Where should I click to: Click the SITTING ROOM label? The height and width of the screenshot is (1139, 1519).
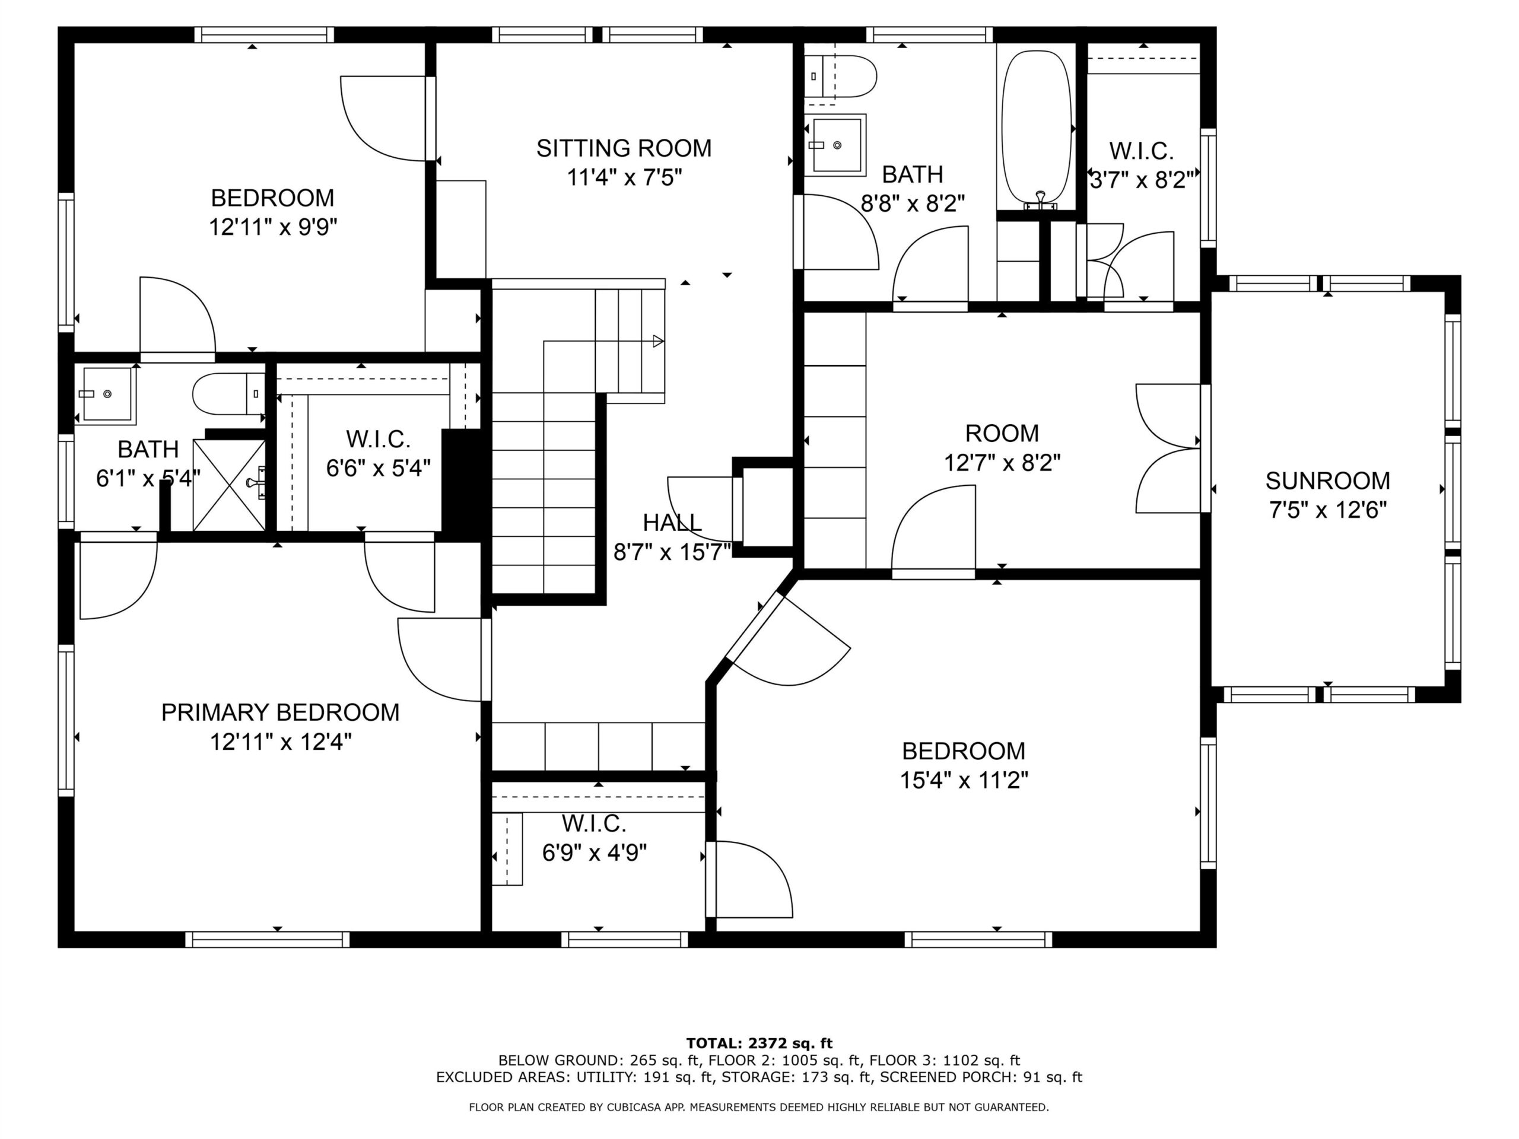624,148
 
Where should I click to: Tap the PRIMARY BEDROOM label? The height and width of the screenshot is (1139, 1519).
280,712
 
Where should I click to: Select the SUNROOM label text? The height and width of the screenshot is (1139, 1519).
1328,481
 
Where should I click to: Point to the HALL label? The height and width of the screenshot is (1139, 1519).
672,523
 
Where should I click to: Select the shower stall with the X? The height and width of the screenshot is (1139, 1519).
228,485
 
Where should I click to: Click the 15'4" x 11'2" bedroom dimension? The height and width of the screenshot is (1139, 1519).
964,781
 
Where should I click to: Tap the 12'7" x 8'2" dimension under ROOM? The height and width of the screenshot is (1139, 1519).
1002,463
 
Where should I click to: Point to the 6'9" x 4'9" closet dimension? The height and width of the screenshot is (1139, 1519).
595,852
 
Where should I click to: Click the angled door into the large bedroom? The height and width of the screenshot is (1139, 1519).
790,638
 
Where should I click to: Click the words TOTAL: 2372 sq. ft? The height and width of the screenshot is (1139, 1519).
759,1043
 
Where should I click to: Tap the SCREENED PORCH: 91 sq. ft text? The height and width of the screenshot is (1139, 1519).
981,1077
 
